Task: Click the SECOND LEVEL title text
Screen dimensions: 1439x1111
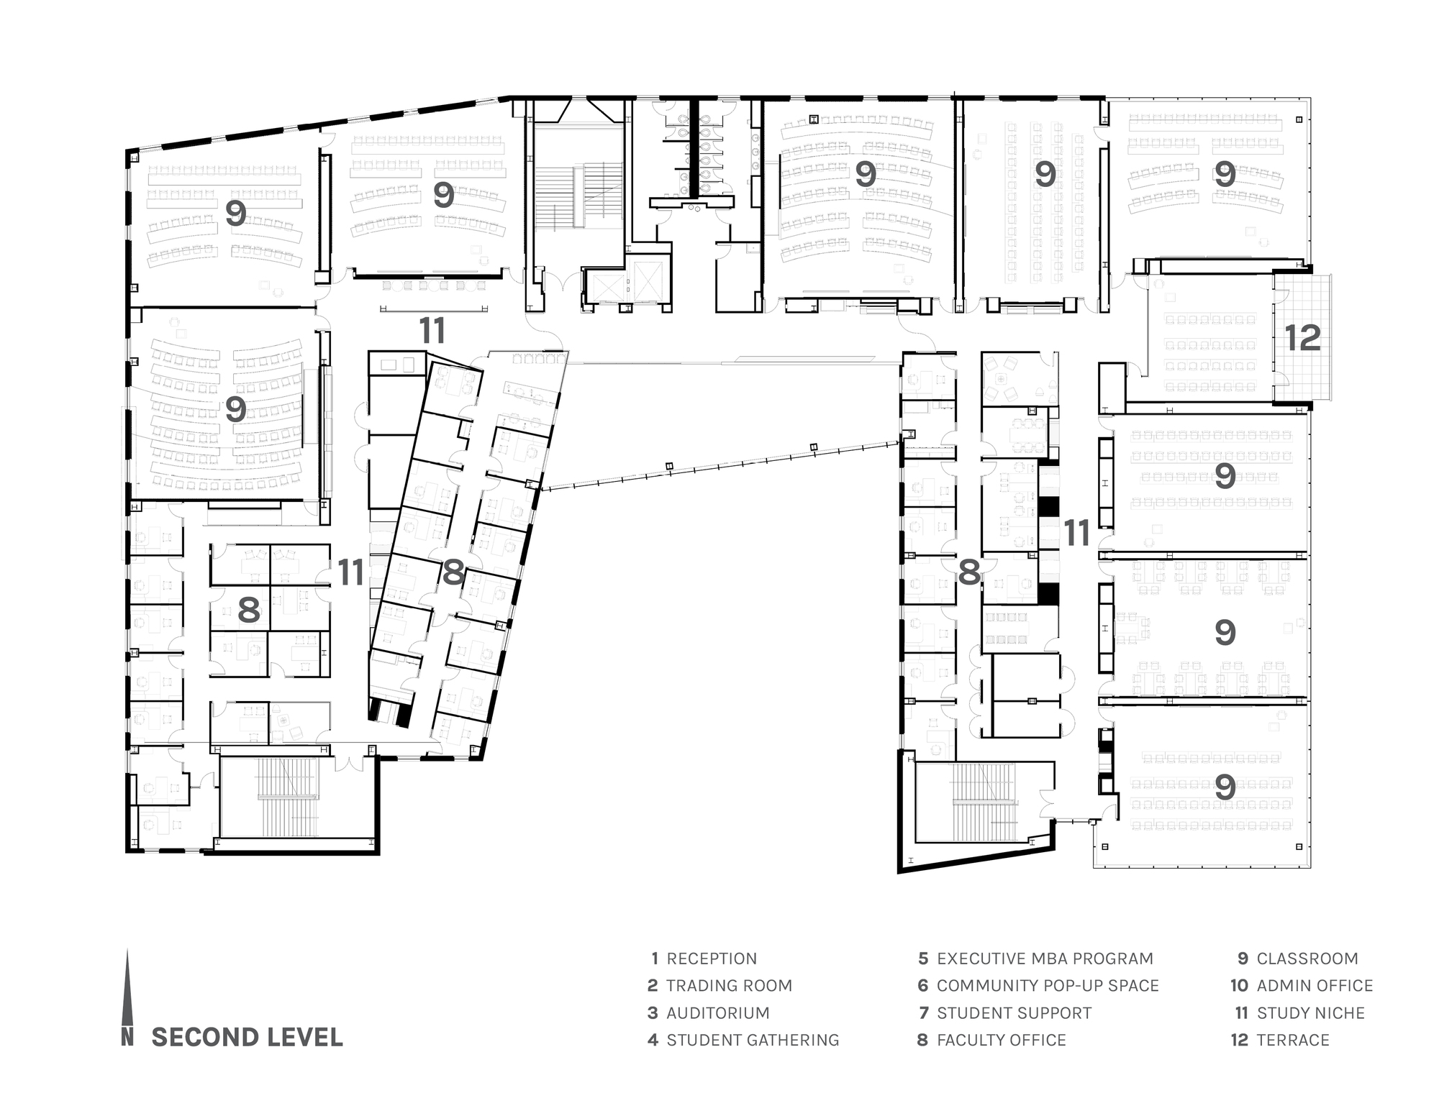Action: tap(247, 1037)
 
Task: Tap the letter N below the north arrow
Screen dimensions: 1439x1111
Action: tap(127, 1037)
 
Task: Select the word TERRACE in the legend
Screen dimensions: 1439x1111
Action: tap(1293, 1040)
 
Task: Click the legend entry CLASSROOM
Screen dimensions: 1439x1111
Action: tap(1307, 959)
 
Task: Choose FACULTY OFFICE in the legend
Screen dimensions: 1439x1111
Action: tap(1001, 1040)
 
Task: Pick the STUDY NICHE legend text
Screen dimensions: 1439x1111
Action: tap(1310, 1012)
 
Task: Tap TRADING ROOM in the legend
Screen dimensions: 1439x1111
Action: tap(729, 986)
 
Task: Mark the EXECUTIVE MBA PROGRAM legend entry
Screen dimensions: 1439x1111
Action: tap(1045, 959)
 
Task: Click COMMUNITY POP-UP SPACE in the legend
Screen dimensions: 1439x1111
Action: tap(1048, 986)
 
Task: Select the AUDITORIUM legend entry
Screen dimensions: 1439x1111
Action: tap(718, 1012)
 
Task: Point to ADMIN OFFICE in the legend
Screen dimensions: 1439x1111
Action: tap(1315, 986)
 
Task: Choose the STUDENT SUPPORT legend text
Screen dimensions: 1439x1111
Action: tap(1014, 1012)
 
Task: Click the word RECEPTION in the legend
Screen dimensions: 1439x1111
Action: tap(712, 959)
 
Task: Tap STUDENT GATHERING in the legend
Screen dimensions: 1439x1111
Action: tap(753, 1040)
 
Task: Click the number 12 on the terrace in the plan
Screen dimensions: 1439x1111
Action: tap(1302, 338)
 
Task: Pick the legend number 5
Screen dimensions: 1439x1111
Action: tap(923, 959)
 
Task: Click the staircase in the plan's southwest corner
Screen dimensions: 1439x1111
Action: tap(289, 797)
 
